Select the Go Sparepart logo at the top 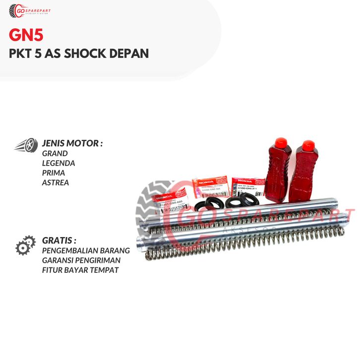(x=30, y=11)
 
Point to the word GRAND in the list (x=55, y=154)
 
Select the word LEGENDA (x=59, y=163)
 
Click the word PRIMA (x=54, y=173)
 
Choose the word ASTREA (x=56, y=182)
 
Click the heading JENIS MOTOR (x=72, y=144)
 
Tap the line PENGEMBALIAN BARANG (x=86, y=250)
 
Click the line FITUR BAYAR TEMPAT (x=81, y=270)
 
